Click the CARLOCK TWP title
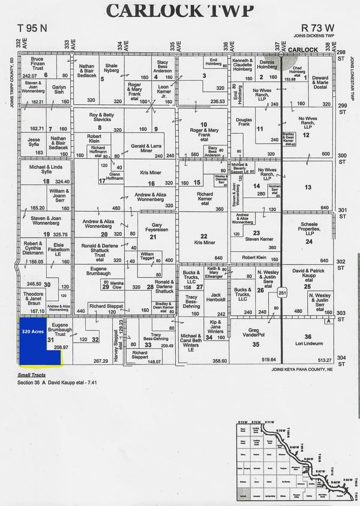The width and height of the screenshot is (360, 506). [179, 10]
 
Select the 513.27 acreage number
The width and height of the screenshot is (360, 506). [324, 360]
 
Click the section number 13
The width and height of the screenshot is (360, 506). [307, 188]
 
